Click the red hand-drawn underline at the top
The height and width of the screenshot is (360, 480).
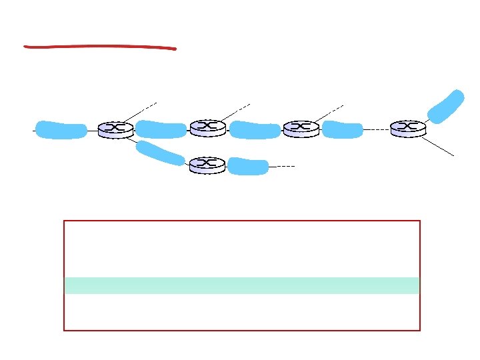coord(100,47)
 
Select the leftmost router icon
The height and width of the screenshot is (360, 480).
coord(115,129)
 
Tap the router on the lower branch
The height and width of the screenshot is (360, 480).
coord(207,165)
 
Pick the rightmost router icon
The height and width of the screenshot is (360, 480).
coord(408,129)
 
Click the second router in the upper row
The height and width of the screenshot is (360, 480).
coord(207,127)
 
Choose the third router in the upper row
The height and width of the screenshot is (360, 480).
coord(301,129)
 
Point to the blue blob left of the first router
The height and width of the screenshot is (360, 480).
coord(61,129)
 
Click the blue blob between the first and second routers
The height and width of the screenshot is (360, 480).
coord(161,129)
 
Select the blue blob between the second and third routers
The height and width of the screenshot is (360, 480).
coord(255,130)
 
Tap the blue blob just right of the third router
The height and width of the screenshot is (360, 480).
coord(342,129)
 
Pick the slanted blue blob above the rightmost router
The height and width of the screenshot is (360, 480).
coord(445,107)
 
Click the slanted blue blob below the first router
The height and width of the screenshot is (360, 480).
coord(160,153)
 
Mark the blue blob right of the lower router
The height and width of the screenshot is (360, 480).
coord(248,167)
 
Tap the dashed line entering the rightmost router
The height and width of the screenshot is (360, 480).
coord(377,129)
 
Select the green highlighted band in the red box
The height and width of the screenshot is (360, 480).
coord(241,285)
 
